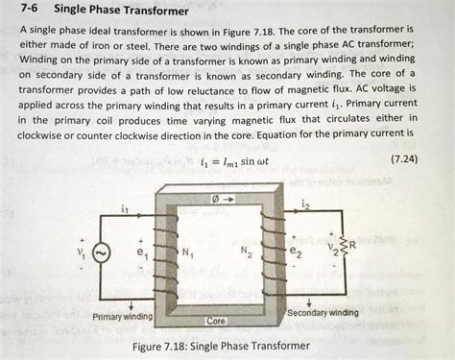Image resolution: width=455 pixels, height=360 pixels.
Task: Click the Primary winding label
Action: (123, 316)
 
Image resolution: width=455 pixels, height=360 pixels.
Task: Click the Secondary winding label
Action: (323, 313)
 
